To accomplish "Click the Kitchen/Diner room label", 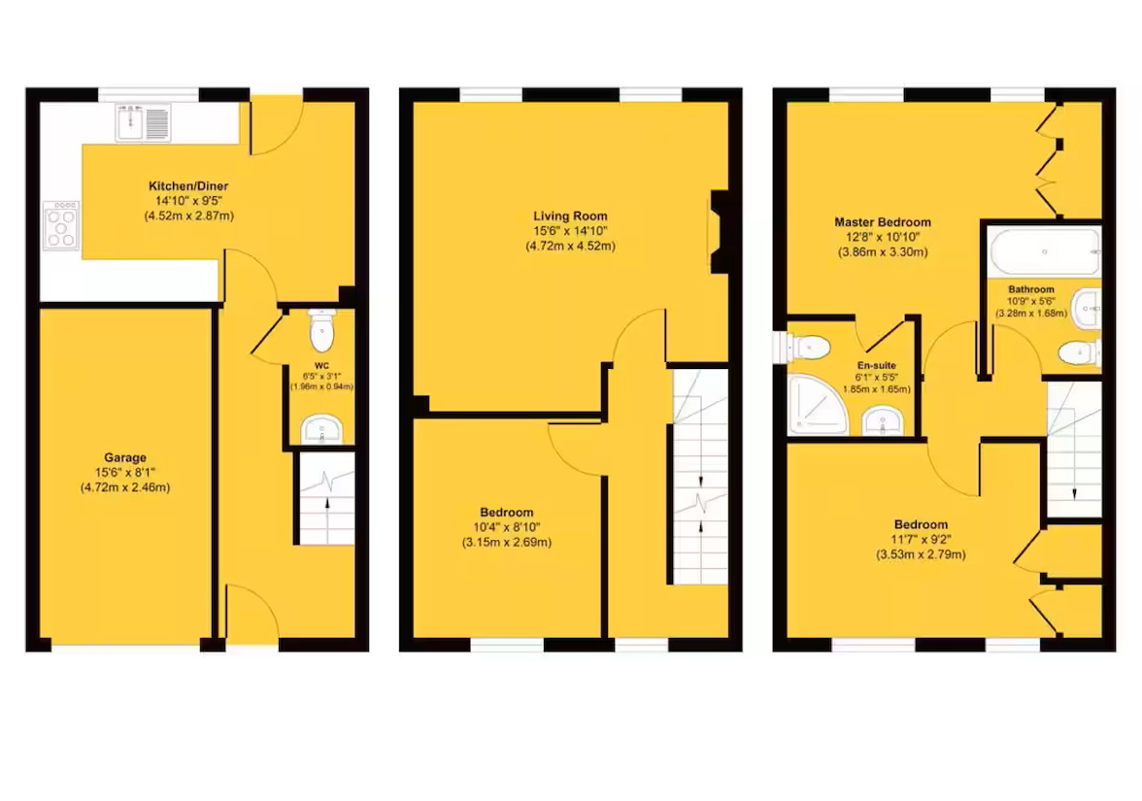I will (187, 186).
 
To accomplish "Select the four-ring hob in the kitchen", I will (60, 225).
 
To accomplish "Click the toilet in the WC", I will (321, 333).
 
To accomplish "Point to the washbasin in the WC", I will (320, 427).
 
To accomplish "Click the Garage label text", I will (125, 458).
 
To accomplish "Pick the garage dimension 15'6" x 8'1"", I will (125, 473).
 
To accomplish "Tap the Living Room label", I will (570, 217).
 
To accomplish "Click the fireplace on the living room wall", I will (719, 232).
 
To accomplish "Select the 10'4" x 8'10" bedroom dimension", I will (506, 527).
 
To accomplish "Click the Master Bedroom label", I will (883, 222).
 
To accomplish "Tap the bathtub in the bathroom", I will (1044, 252).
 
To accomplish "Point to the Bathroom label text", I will (1030, 289).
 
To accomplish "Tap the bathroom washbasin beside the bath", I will (1087, 309).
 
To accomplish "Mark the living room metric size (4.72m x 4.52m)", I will (570, 246).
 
